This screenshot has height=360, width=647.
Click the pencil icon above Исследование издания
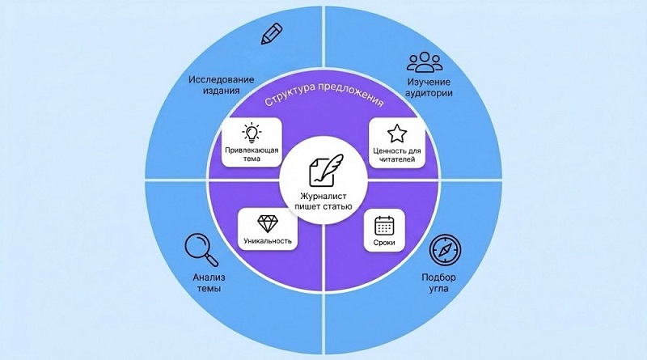tap(272, 34)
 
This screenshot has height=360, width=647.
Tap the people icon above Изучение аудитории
tap(425, 62)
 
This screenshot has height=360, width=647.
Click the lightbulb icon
tap(251, 133)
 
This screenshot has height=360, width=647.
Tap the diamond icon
tap(266, 222)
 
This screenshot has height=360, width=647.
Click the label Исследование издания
tap(222, 87)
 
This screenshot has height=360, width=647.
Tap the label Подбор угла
tap(438, 282)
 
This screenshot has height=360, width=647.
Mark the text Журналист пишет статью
tap(323, 201)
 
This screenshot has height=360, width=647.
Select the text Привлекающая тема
tap(251, 155)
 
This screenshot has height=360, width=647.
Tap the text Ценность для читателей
tap(396, 155)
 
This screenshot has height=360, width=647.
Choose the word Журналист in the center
tap(323, 195)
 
